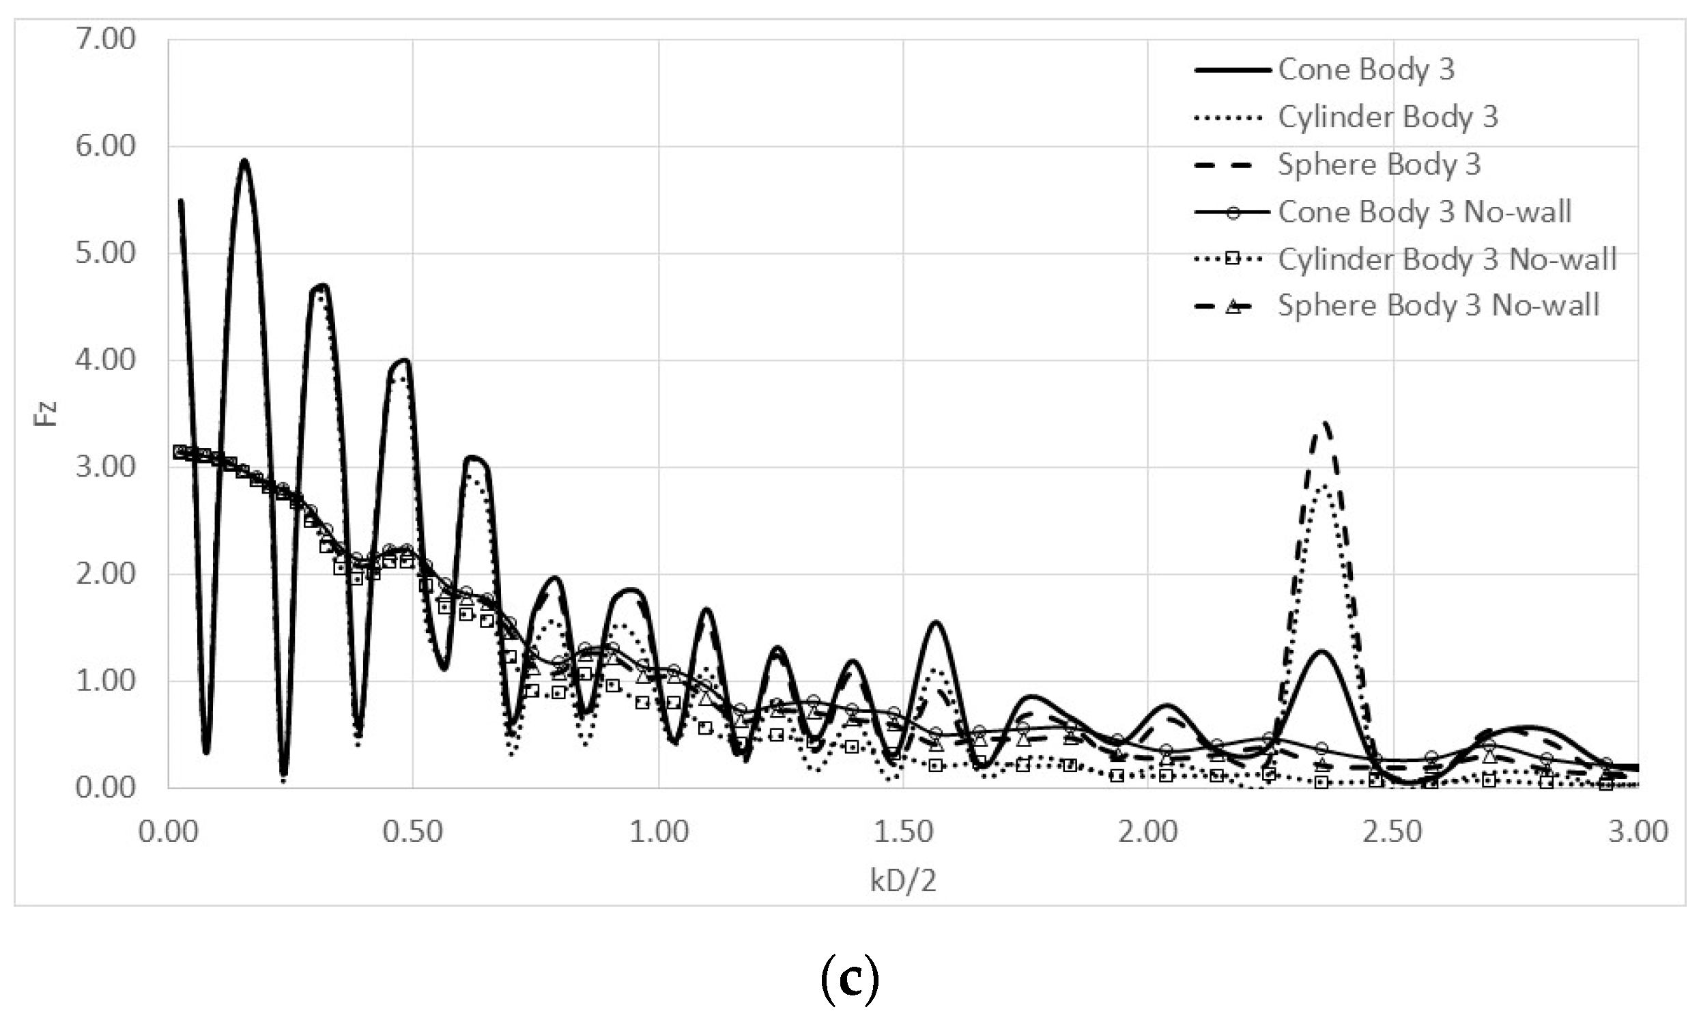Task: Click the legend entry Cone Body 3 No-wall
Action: coord(1424,212)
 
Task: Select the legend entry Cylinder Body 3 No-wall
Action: coord(1447,259)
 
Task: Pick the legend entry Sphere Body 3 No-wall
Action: coord(1438,305)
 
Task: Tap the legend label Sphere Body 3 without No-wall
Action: coord(1379,165)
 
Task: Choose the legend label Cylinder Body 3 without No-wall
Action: coord(1388,117)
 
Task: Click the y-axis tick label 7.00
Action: coord(105,39)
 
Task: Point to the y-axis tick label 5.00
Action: coord(105,253)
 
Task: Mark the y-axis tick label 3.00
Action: coord(105,468)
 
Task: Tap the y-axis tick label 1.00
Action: coord(105,681)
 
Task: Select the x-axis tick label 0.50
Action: coord(412,832)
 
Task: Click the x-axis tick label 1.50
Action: coord(902,832)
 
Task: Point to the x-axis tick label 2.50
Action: coord(1392,832)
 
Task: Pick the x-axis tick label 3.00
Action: coord(1638,832)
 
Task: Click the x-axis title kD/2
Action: coord(902,881)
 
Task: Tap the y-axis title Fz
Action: coord(46,414)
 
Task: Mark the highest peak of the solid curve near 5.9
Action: coord(244,161)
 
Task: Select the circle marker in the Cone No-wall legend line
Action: coord(1233,212)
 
